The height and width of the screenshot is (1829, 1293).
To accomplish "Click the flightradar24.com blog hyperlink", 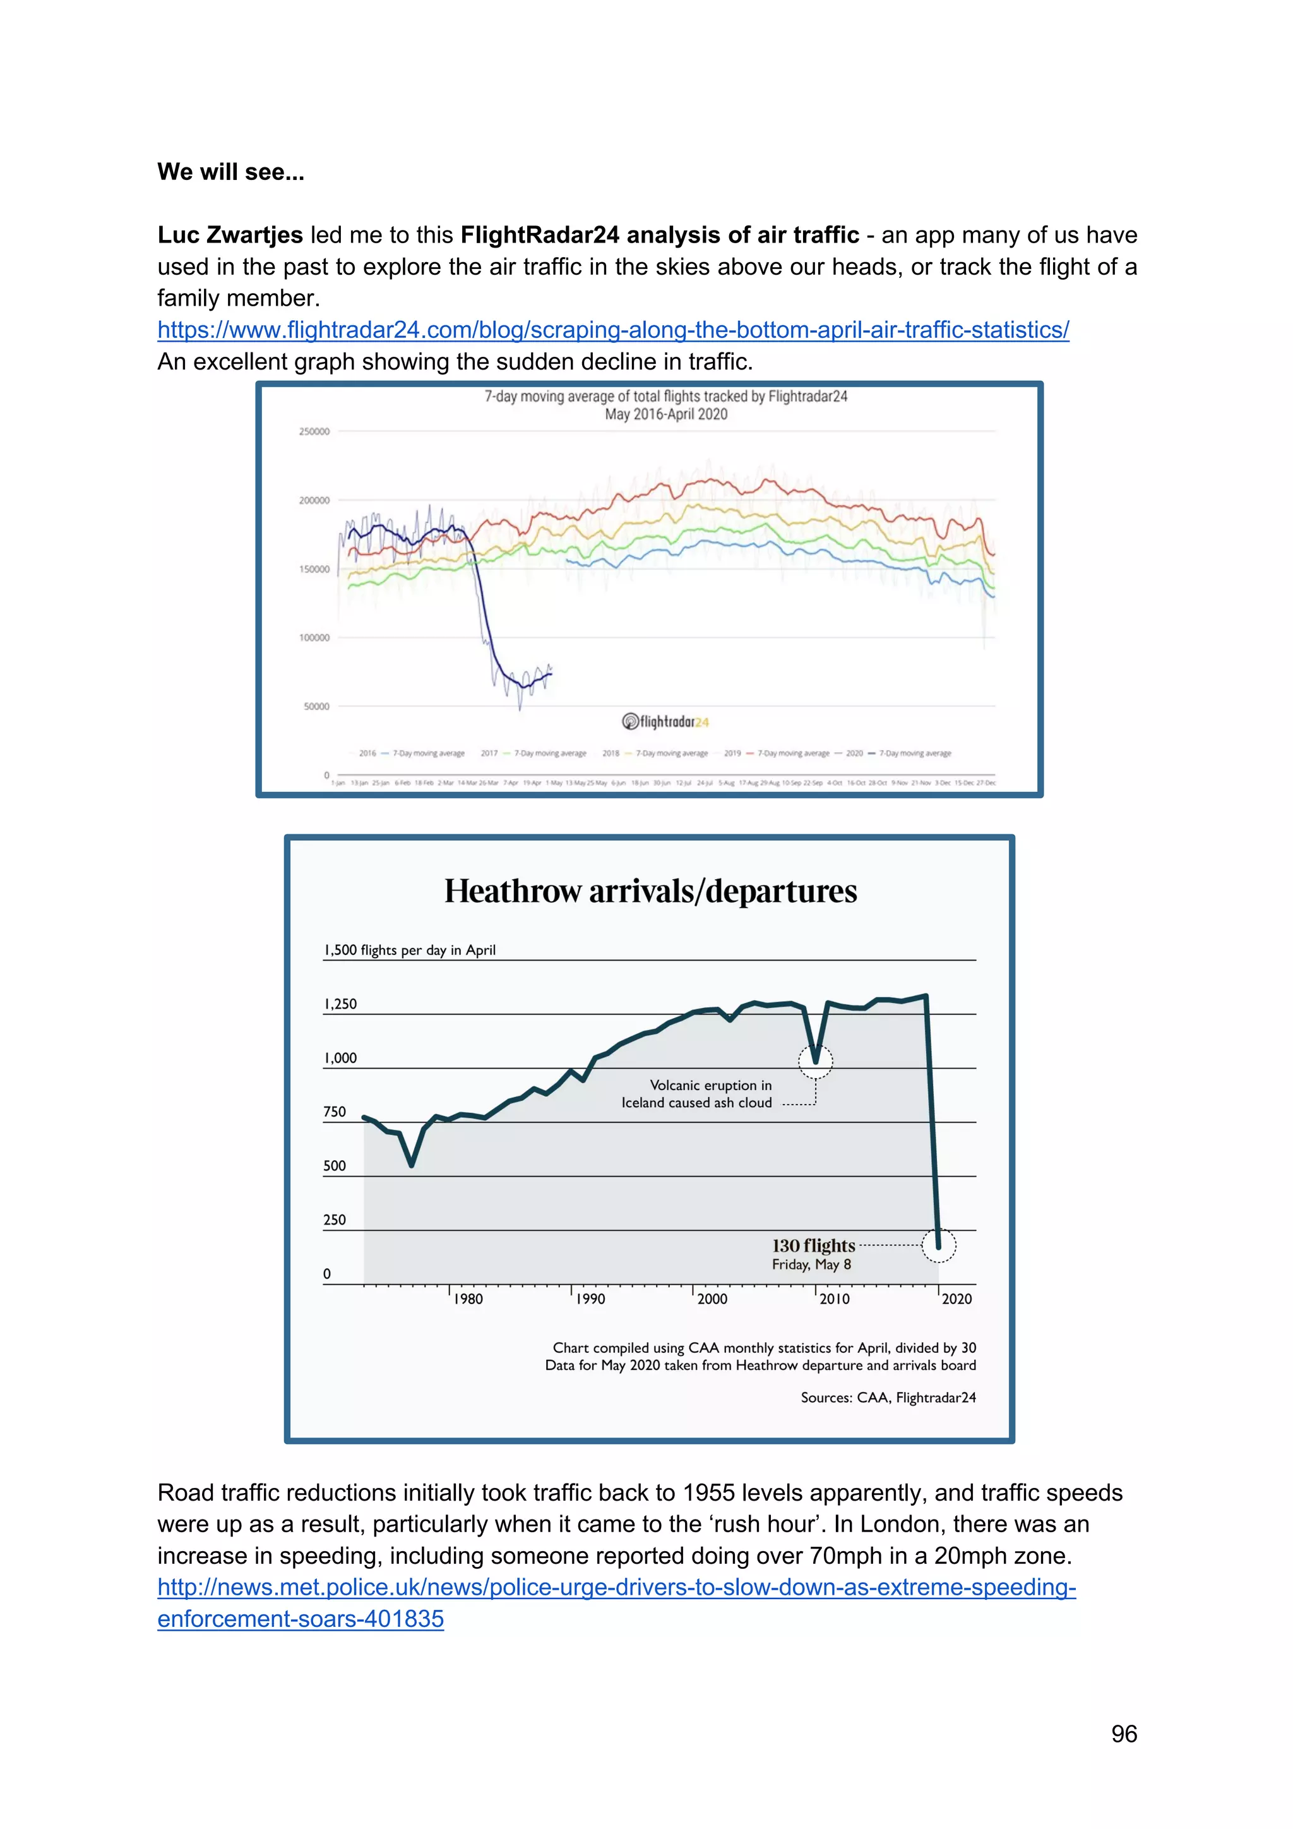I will pos(613,330).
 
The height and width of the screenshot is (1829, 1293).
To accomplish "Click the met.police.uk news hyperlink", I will pos(616,1587).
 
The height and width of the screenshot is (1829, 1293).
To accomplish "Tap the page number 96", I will pos(1123,1734).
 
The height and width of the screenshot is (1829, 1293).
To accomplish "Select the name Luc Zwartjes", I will pos(230,235).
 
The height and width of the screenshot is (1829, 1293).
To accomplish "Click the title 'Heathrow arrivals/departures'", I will pos(650,891).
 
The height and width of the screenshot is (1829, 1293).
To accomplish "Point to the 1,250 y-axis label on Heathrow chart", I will pos(340,1004).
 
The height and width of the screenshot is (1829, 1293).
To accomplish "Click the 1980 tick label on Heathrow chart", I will pos(468,1299).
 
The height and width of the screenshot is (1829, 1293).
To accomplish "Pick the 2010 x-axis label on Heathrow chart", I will pos(835,1299).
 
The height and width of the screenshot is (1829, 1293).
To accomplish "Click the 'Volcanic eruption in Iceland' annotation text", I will pos(696,1094).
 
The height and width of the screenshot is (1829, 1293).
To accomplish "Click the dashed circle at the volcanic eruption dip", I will pos(815,1060).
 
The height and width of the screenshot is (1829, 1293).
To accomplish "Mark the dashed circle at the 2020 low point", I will pos(939,1245).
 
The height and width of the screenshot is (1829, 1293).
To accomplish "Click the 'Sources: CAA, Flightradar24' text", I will pos(888,1397).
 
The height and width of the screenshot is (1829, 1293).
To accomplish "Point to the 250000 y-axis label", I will pos(314,432).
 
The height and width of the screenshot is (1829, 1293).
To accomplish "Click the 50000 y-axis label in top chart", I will pos(316,707).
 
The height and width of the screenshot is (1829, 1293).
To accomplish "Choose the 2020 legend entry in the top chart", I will pos(898,753).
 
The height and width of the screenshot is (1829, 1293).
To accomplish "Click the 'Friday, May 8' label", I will pos(811,1265).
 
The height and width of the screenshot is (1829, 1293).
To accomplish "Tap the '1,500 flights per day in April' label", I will pos(409,949).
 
